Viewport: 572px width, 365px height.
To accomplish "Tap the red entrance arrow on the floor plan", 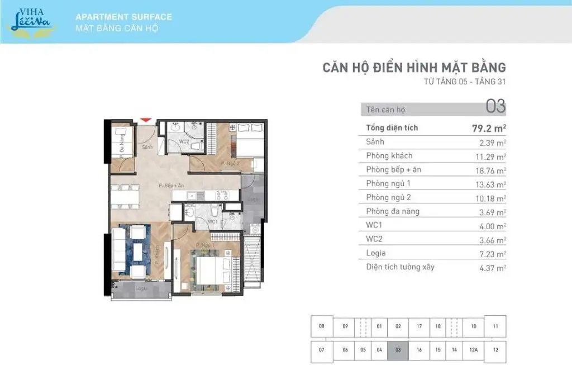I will tap(145, 119).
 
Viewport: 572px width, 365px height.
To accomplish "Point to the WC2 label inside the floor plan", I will tap(183, 141).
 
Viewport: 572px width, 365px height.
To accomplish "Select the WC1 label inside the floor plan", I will tap(212, 222).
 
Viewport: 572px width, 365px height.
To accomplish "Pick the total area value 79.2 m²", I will tap(489, 128).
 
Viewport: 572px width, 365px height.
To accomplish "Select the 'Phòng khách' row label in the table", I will tap(389, 155).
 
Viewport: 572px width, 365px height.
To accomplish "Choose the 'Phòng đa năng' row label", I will tap(393, 211).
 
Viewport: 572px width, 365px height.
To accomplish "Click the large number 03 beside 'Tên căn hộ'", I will tap(495, 106).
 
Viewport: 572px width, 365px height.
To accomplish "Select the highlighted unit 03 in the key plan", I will tap(398, 349).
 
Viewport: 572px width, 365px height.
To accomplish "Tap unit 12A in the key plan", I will tap(473, 349).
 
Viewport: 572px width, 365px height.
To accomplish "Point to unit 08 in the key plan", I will tap(321, 326).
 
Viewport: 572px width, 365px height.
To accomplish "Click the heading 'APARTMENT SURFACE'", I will tap(123, 17).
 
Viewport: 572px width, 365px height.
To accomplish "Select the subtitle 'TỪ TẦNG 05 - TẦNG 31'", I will tap(465, 82).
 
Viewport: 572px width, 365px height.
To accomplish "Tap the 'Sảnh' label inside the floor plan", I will tap(147, 147).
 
